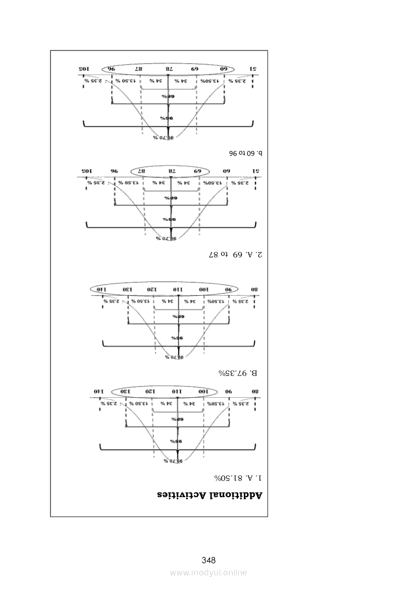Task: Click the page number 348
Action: [x=209, y=560]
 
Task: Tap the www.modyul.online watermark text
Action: [x=209, y=572]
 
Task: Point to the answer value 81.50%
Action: [x=226, y=477]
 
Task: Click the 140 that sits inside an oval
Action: [x=100, y=290]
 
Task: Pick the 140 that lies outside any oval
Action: [x=97, y=392]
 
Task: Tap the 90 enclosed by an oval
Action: [x=229, y=290]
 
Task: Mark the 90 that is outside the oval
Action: [x=229, y=392]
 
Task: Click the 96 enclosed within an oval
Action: [x=111, y=69]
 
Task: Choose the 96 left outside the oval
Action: [x=114, y=171]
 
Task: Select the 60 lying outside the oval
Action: [x=227, y=171]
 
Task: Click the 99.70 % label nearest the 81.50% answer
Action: [x=173, y=461]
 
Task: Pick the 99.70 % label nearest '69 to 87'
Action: [x=166, y=238]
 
